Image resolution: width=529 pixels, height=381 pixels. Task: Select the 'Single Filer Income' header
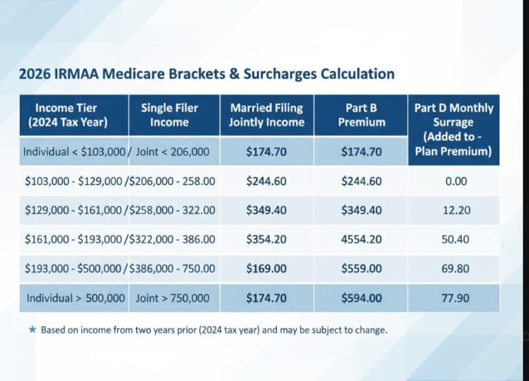(x=169, y=115)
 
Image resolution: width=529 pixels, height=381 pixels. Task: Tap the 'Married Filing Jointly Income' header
(x=267, y=115)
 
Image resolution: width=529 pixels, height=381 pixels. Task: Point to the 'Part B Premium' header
(x=362, y=115)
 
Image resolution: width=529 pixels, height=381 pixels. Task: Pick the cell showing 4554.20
(x=362, y=240)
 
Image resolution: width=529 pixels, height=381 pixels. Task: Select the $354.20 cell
(x=267, y=240)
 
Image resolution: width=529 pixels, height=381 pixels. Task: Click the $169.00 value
(x=267, y=268)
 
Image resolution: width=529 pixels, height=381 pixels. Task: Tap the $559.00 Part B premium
(x=362, y=268)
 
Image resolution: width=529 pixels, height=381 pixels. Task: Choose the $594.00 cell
(x=362, y=298)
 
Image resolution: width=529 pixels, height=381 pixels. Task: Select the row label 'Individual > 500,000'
(x=76, y=298)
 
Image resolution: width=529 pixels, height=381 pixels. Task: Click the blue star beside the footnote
(x=32, y=329)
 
